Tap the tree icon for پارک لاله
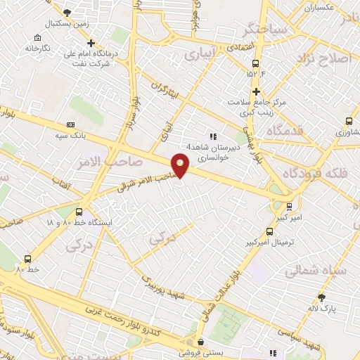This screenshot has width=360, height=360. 322,297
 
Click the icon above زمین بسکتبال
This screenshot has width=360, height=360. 67,13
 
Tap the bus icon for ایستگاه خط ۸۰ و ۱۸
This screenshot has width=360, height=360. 78,210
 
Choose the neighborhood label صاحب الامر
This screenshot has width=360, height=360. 112,161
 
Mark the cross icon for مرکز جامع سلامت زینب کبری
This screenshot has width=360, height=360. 256,91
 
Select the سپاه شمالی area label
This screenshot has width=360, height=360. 314,270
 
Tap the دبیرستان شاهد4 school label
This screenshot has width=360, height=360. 237,148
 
